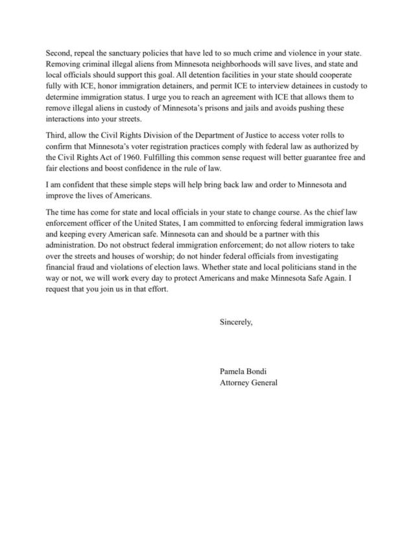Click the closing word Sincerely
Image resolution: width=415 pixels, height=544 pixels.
[237, 321]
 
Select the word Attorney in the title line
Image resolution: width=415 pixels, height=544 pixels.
[236, 383]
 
